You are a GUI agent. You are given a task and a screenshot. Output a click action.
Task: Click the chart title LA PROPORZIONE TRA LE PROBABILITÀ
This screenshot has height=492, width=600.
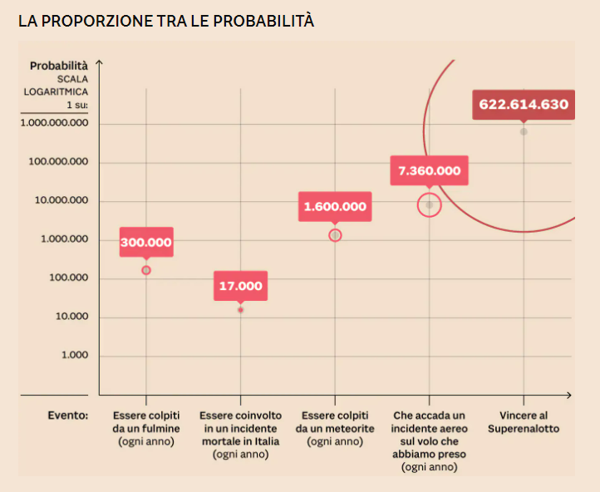[166, 21]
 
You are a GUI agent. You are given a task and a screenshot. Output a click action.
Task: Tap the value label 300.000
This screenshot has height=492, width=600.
[146, 243]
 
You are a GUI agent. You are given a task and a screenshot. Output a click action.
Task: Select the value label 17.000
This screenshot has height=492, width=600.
[241, 286]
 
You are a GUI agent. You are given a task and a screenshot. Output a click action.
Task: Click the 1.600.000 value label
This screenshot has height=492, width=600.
[335, 207]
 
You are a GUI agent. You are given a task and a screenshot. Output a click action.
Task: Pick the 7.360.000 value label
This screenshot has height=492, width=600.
[429, 171]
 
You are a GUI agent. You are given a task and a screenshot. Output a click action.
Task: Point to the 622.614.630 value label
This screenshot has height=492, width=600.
[524, 105]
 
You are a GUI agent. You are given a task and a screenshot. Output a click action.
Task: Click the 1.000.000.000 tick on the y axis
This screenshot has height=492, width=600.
[54, 122]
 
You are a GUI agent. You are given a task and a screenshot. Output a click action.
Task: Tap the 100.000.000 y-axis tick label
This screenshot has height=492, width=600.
[58, 161]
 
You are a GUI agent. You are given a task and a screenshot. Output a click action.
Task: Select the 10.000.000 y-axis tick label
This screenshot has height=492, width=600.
[61, 200]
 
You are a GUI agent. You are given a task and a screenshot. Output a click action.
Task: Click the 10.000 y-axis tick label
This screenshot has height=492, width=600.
[70, 317]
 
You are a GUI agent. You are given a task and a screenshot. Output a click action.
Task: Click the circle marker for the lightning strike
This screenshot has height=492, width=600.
[146, 270]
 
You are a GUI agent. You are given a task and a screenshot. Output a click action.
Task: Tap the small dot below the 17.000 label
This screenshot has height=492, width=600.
[241, 310]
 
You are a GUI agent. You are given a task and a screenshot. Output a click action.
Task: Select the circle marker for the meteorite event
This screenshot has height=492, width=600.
[335, 235]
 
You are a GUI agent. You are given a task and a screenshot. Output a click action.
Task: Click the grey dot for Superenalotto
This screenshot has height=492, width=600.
[524, 131]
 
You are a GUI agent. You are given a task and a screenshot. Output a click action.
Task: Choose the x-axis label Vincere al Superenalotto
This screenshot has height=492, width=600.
[524, 421]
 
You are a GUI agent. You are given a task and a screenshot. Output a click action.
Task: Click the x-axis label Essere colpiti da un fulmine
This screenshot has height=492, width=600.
[146, 428]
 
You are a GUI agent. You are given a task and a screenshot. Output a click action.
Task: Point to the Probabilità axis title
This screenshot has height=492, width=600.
[58, 66]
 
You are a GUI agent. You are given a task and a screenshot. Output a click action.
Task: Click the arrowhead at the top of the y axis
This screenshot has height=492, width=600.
[100, 61]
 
